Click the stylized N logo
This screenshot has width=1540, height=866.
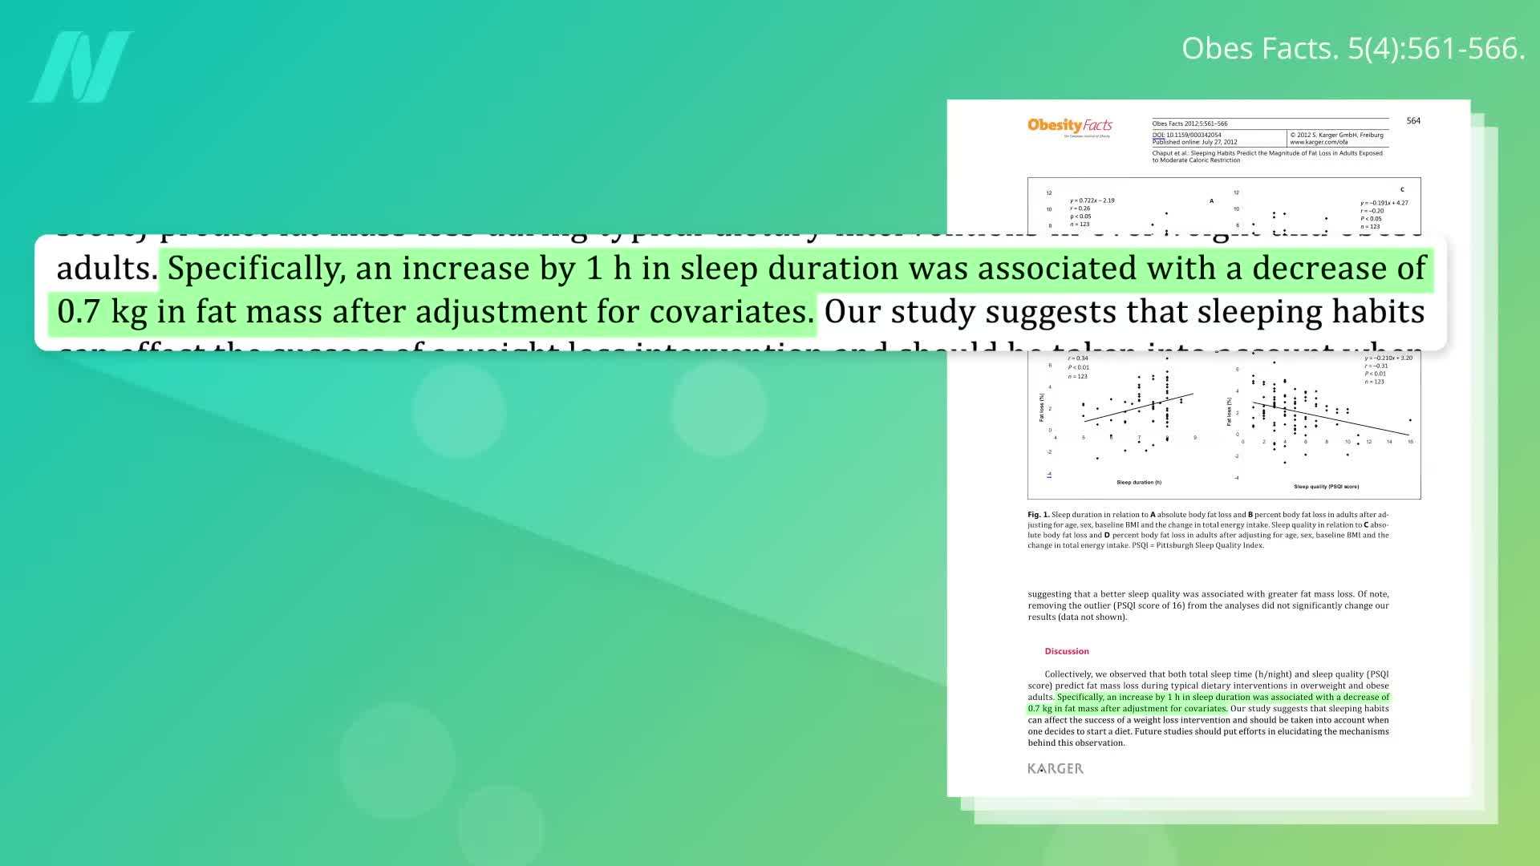82,67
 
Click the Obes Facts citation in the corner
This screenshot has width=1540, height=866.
1352,49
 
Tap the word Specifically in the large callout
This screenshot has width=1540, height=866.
256,268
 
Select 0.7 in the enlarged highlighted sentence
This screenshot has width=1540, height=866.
79,311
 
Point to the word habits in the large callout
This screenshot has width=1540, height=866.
1379,311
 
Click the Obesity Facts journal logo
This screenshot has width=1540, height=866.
1070,126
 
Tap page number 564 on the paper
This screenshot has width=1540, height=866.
1413,121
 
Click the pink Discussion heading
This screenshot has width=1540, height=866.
1067,651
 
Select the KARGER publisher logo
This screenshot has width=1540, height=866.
1056,768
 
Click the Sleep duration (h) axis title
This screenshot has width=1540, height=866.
1139,482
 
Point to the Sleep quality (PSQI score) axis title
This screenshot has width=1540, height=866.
1326,487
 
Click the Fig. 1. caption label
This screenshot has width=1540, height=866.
1038,515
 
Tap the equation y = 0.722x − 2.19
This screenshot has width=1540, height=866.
1092,200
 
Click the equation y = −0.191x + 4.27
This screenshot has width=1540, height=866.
1384,203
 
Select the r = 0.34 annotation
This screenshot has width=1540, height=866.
1078,358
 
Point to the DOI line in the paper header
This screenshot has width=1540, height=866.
1187,135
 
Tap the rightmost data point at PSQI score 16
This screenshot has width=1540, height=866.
1410,420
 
